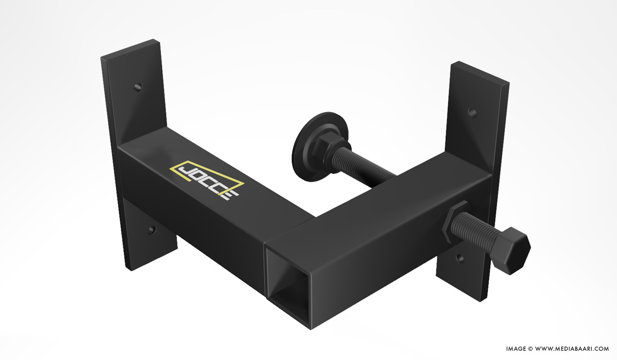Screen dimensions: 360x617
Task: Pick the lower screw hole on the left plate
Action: tap(152, 230)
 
